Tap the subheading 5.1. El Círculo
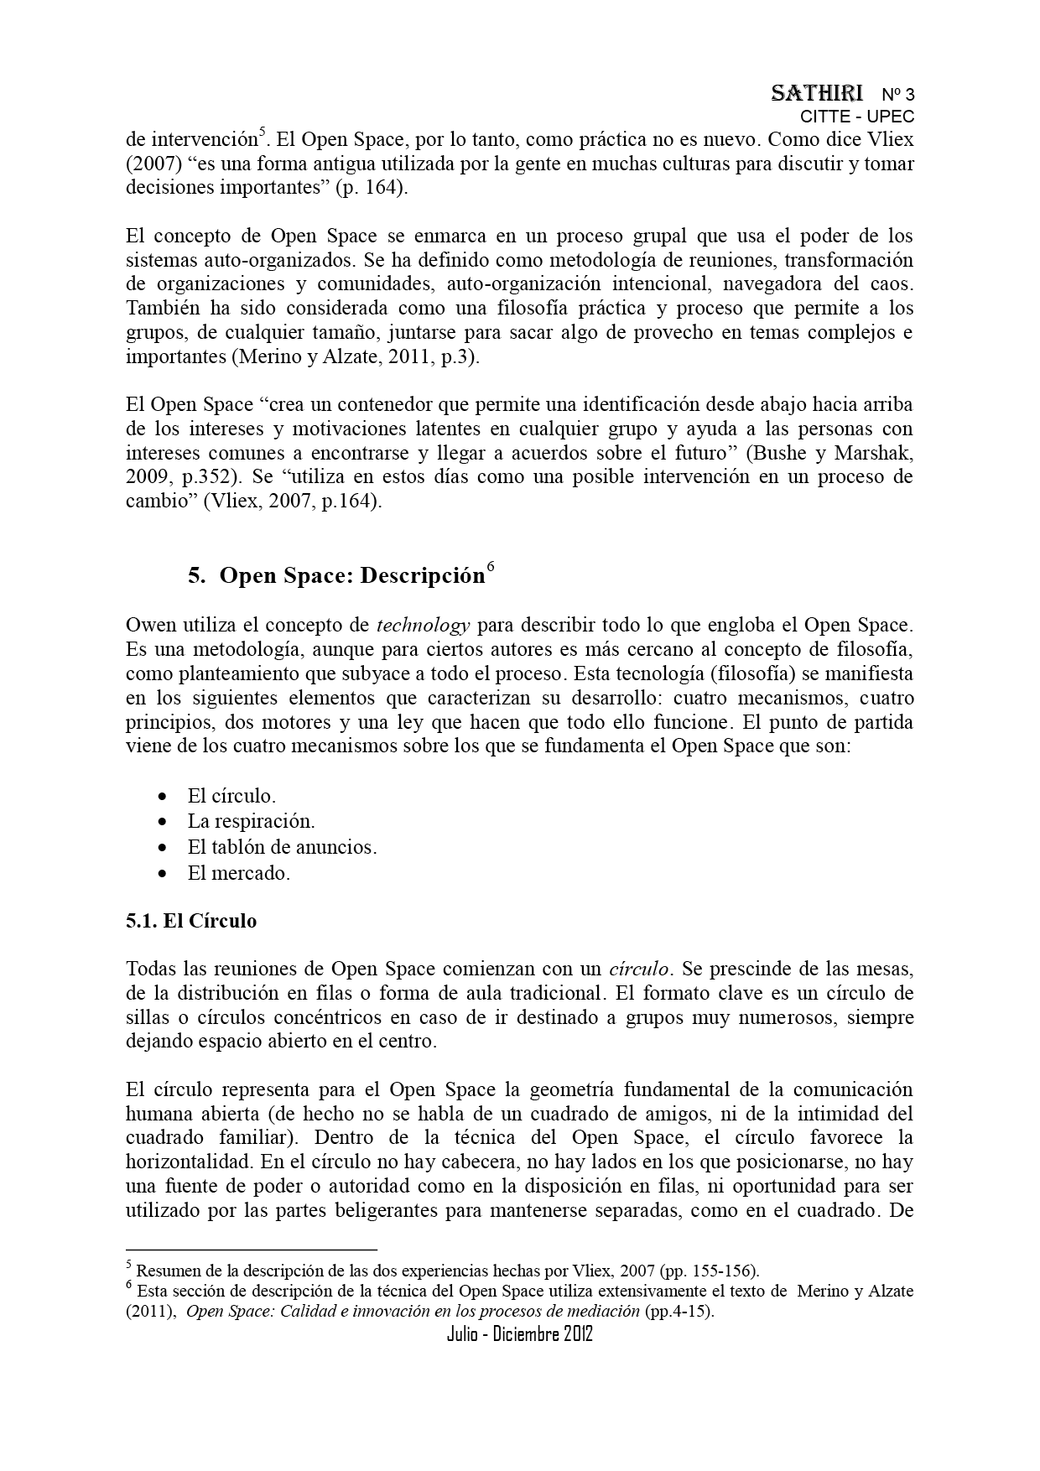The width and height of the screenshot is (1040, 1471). tap(191, 921)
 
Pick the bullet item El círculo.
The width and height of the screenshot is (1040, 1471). tap(231, 796)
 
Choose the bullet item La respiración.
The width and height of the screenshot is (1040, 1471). tap(251, 821)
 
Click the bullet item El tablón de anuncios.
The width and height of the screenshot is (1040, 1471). tap(282, 847)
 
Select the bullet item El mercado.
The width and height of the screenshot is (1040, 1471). tap(238, 873)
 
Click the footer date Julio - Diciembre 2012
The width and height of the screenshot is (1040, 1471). tap(520, 1334)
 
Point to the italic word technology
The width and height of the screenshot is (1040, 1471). tap(423, 625)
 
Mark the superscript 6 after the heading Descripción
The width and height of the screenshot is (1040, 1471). tap(491, 566)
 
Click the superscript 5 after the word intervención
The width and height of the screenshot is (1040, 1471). tap(262, 131)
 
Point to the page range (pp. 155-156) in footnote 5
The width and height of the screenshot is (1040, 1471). tap(709, 1270)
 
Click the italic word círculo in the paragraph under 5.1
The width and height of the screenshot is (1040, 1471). tap(638, 969)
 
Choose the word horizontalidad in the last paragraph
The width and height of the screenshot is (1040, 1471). tap(189, 1162)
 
